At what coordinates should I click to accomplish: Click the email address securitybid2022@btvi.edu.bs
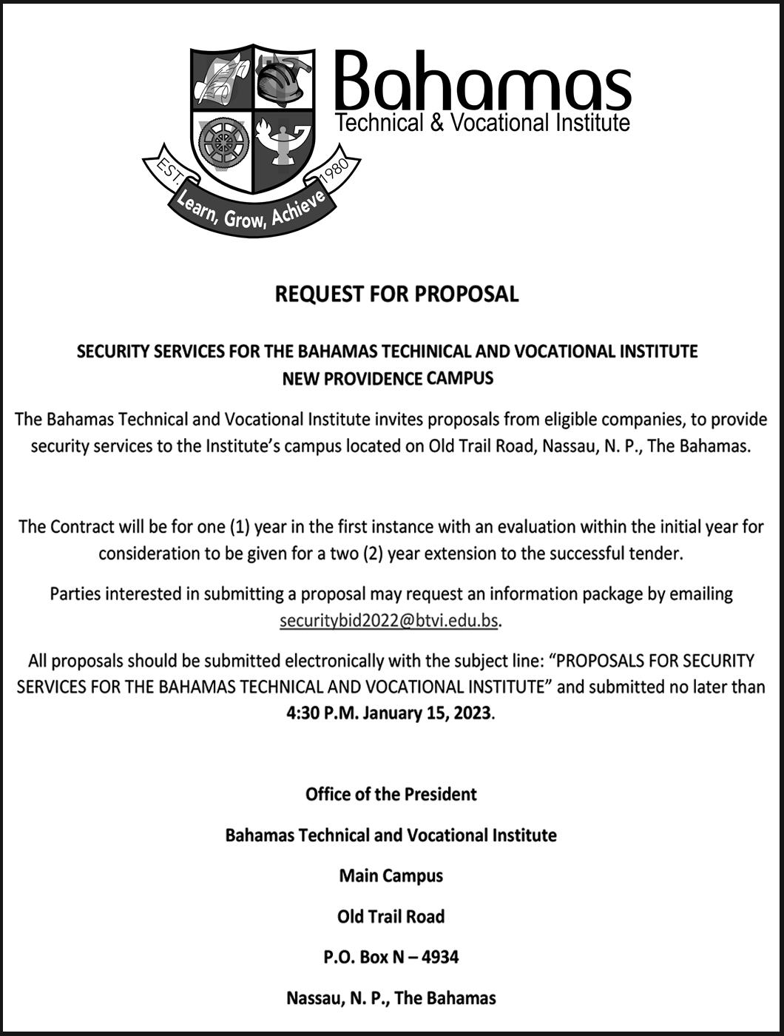pyautogui.click(x=389, y=621)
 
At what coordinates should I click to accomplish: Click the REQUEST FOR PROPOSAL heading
pyautogui.click(x=396, y=294)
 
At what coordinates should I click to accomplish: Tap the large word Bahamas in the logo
pyautogui.click(x=482, y=82)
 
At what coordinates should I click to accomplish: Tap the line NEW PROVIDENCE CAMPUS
pyautogui.click(x=388, y=379)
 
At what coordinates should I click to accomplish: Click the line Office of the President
pyautogui.click(x=391, y=794)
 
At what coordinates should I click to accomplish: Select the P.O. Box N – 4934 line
pyautogui.click(x=391, y=957)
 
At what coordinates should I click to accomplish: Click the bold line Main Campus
pyautogui.click(x=391, y=875)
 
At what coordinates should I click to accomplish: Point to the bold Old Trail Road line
pyautogui.click(x=391, y=916)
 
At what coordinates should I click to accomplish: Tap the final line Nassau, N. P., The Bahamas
pyautogui.click(x=391, y=998)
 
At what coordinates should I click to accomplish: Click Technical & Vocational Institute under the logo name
pyautogui.click(x=482, y=122)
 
